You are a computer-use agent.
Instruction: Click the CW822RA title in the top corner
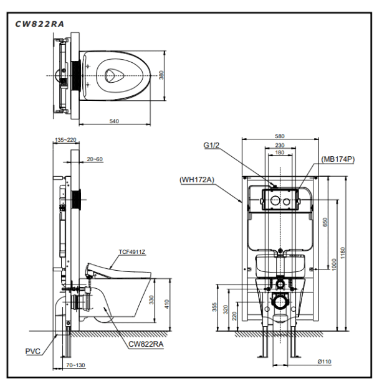click(x=39, y=23)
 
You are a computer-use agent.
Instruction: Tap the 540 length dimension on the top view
click(x=114, y=121)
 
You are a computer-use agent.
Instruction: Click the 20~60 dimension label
click(x=95, y=159)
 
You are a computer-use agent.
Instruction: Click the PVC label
click(x=33, y=351)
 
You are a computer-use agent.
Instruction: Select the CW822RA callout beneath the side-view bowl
click(x=146, y=344)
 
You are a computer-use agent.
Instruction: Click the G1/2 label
click(x=211, y=146)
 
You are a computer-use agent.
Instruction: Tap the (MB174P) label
click(x=338, y=159)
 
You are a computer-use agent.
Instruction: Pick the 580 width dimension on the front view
click(x=280, y=136)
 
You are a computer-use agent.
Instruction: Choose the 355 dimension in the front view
click(x=216, y=307)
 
